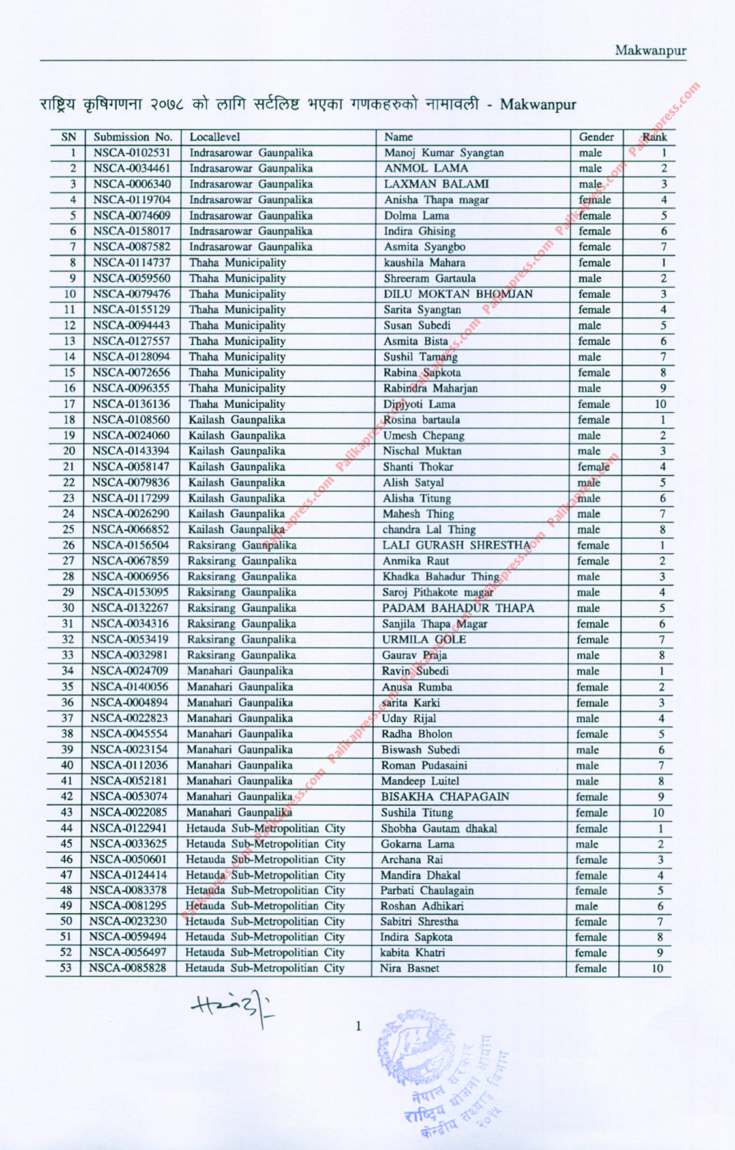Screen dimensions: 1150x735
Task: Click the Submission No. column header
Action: (133, 137)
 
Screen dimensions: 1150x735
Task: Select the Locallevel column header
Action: (215, 137)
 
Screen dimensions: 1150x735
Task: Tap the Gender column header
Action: (596, 137)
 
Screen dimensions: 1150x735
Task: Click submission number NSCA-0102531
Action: (132, 152)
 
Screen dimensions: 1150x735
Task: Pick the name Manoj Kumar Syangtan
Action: (444, 152)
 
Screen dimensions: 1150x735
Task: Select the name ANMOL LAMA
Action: (426, 168)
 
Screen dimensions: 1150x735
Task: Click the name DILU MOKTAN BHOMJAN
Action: (458, 294)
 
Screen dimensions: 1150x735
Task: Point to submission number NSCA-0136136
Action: (131, 404)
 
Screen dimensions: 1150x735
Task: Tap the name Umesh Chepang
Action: (424, 436)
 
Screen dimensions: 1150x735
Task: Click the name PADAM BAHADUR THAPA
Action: (458, 608)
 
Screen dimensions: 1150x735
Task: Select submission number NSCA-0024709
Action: (130, 671)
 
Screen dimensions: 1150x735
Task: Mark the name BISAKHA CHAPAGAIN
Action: (445, 797)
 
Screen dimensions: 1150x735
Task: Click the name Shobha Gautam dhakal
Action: (439, 829)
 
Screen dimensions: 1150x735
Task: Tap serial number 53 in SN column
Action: (66, 969)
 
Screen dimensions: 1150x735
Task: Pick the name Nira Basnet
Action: (409, 969)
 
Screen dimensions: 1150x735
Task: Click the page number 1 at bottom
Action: (359, 1027)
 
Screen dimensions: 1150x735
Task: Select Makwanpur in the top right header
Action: (651, 51)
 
